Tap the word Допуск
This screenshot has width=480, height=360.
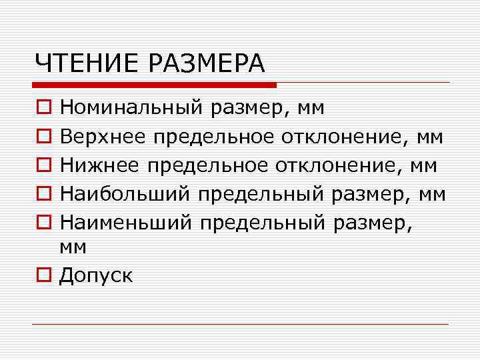coord(95,275)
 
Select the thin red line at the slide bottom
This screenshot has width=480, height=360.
coord(240,324)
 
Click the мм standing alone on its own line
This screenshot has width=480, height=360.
coord(73,248)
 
